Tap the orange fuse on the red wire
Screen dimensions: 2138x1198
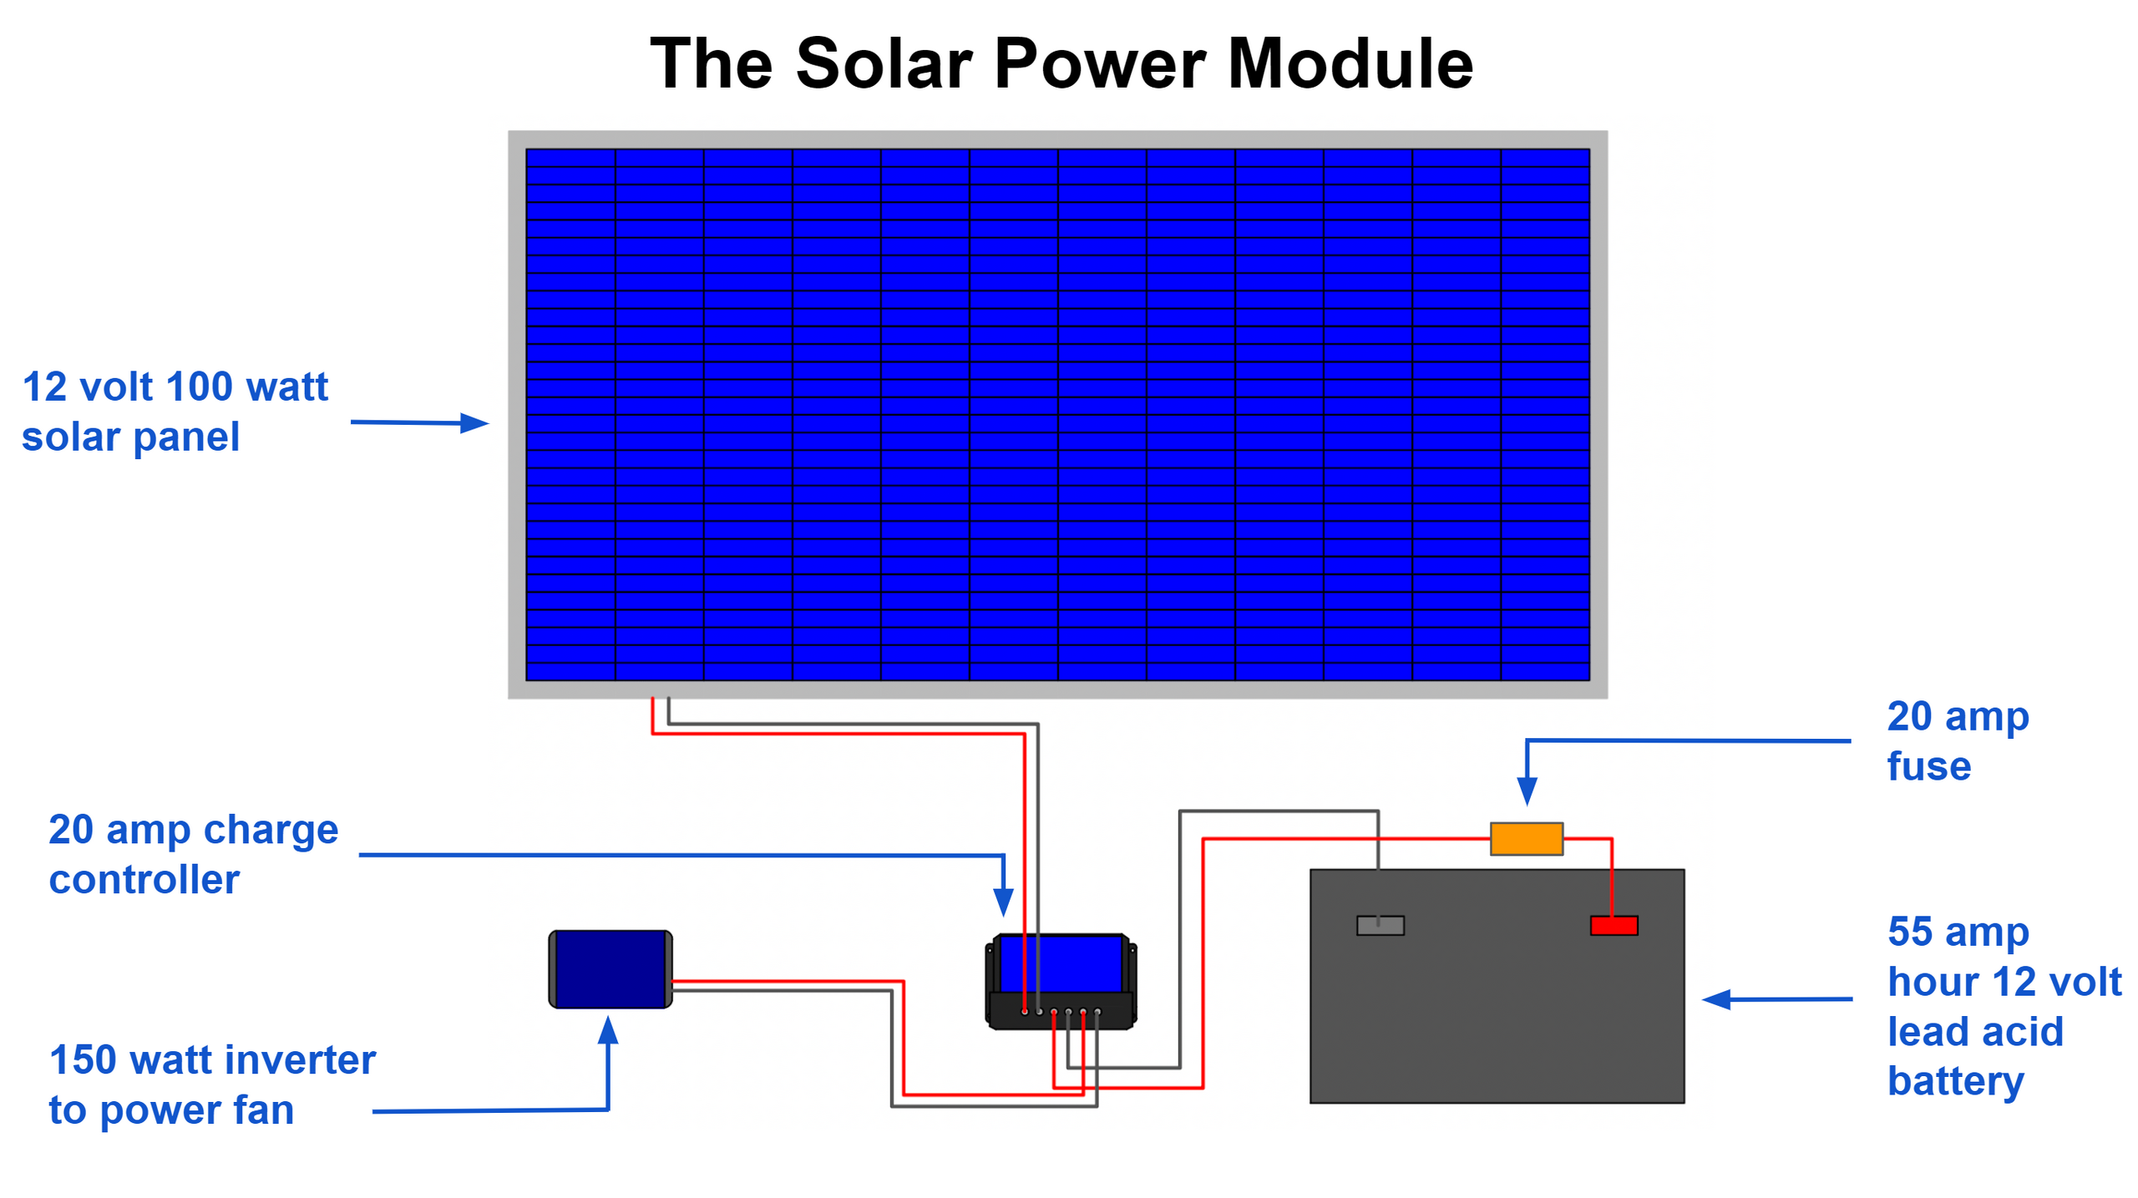coord(1526,838)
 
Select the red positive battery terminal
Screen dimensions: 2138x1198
coord(1614,925)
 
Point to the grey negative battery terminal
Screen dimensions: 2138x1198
coord(1380,925)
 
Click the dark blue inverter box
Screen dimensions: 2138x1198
coord(610,969)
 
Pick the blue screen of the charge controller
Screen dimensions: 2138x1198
coord(1061,963)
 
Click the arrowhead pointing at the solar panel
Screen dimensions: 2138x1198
coord(474,423)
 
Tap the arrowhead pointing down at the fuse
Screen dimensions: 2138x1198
coord(1527,791)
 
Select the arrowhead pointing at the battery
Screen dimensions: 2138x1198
coord(1716,999)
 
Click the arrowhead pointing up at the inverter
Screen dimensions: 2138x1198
coord(608,1030)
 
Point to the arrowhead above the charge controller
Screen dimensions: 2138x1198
coord(1003,902)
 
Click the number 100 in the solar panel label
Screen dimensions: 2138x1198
coord(199,387)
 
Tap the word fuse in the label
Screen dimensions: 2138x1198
coord(1928,766)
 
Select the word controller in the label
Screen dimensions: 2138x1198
coord(144,879)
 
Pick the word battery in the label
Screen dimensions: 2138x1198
coord(1956,1082)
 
